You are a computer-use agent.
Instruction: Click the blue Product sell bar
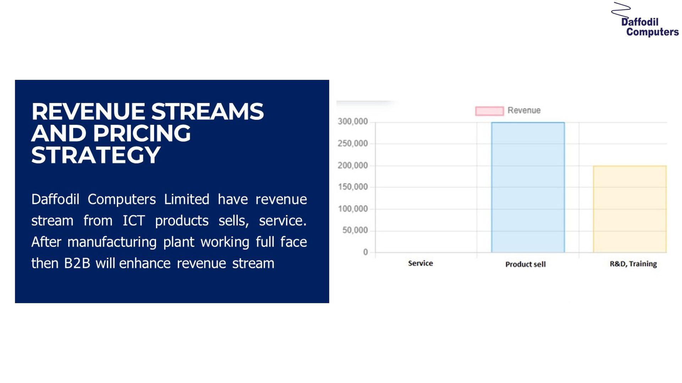point(528,187)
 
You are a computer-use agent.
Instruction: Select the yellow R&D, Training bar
point(630,209)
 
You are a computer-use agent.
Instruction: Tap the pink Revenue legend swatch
point(489,111)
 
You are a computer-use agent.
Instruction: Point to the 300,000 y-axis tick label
point(353,122)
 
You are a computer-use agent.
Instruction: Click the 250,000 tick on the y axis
point(353,144)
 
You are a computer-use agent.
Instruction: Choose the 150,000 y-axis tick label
point(353,187)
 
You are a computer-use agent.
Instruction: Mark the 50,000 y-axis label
point(355,231)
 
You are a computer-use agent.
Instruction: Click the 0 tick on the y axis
point(366,252)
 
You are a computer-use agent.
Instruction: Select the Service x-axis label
point(421,263)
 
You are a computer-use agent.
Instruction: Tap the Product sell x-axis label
point(525,264)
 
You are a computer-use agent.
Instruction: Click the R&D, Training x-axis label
point(633,264)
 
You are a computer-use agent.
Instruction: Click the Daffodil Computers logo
point(645,20)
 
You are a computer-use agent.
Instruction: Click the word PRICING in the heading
point(142,133)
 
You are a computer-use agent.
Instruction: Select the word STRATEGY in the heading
point(96,155)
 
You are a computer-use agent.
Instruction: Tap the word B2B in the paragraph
point(77,263)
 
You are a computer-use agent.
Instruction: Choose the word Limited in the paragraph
point(186,199)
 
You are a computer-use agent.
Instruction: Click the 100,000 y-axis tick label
point(353,209)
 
